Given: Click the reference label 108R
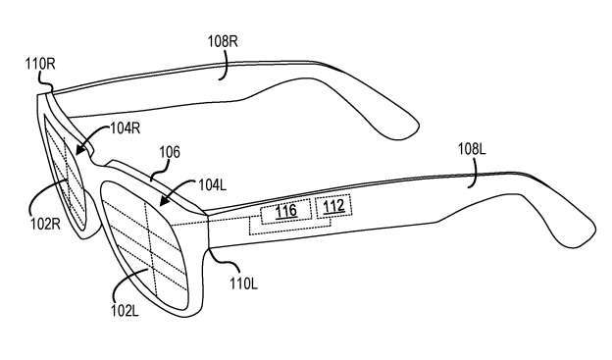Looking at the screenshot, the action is (223, 41).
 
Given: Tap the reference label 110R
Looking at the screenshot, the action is (40, 64).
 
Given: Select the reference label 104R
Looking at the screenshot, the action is (125, 128).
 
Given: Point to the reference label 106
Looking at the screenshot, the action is (170, 152).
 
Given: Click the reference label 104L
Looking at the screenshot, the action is (212, 184).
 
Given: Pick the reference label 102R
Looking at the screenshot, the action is (46, 224).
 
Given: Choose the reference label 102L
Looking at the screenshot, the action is (125, 311).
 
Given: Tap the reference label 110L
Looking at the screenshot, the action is (243, 283).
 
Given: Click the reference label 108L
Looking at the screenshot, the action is (472, 149).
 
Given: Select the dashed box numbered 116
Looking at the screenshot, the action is (286, 211).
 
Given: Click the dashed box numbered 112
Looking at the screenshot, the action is (333, 206).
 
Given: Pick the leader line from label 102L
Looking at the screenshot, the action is (125, 283).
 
